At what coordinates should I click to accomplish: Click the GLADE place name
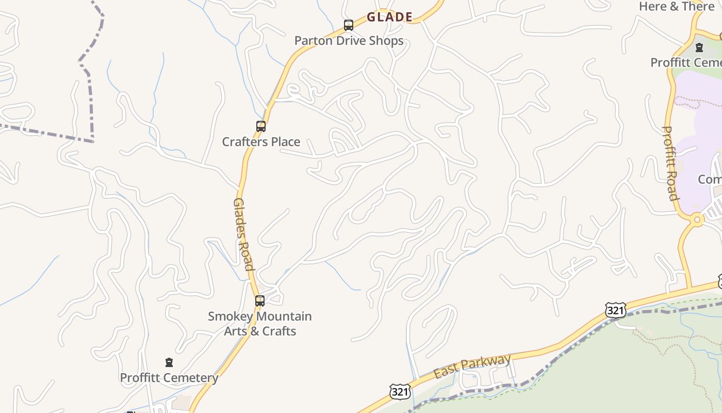389,17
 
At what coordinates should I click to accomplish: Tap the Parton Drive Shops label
349,41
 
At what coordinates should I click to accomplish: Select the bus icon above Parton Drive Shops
349,25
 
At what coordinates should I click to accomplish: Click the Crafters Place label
261,141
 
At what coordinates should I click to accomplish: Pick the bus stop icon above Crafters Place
261,126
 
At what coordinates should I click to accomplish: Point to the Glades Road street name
243,234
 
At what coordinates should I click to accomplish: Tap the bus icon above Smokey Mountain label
260,301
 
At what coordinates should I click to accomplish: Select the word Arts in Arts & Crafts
235,331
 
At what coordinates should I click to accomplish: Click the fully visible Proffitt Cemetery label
169,378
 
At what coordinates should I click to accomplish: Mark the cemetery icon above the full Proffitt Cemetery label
169,362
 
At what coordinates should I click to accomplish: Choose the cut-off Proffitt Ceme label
686,62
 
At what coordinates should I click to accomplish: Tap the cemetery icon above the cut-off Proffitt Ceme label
699,47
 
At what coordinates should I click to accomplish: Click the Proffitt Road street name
670,163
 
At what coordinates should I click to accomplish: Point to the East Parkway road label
472,366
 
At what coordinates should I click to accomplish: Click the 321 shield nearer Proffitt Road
615,310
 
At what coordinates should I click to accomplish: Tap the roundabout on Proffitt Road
697,219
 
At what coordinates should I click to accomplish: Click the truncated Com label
710,179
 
